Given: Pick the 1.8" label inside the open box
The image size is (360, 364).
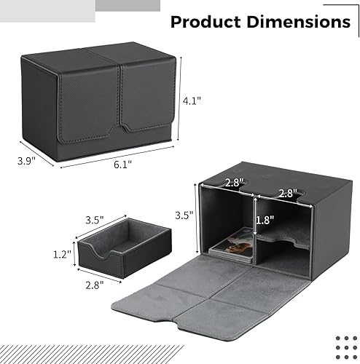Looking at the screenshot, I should pos(265,219).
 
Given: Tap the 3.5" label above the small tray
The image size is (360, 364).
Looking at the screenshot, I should pos(95,218).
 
